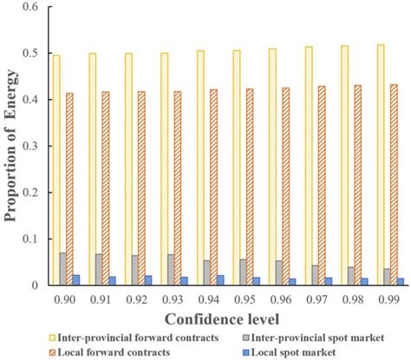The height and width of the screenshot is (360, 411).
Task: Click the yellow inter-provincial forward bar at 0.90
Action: (x=56, y=170)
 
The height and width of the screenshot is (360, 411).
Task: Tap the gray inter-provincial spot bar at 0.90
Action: (x=62, y=269)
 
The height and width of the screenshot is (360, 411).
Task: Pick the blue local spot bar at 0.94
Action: (x=220, y=280)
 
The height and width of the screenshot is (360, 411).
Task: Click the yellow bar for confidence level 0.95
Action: (x=237, y=167)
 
